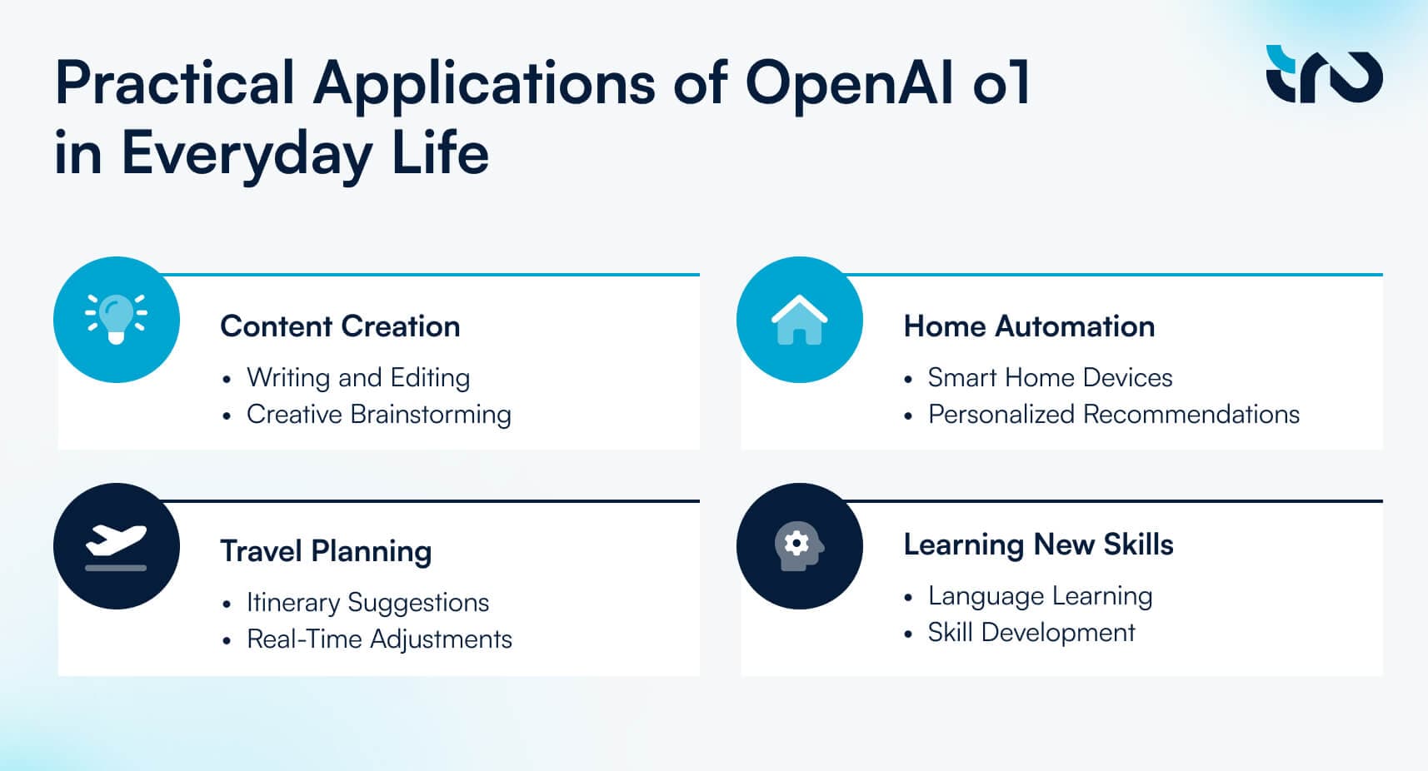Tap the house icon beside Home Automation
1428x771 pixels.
800,320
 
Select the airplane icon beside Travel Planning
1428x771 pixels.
116,547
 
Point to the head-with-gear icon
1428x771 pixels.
800,546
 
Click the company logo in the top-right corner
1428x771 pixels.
1324,74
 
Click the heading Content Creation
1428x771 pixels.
340,326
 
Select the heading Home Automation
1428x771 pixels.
1029,326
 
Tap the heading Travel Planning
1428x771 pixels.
326,552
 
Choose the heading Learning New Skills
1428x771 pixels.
1038,545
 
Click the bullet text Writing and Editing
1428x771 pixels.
358,378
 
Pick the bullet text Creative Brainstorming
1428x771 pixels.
379,415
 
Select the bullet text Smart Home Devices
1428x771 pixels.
1050,378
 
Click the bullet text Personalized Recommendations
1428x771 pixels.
1114,414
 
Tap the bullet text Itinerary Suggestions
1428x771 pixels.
368,603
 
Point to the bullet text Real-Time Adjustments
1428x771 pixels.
379,639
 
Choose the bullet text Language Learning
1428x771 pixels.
1040,596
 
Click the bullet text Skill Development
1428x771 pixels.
1031,633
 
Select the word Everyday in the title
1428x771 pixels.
247,154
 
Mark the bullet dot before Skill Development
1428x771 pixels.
908,634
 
